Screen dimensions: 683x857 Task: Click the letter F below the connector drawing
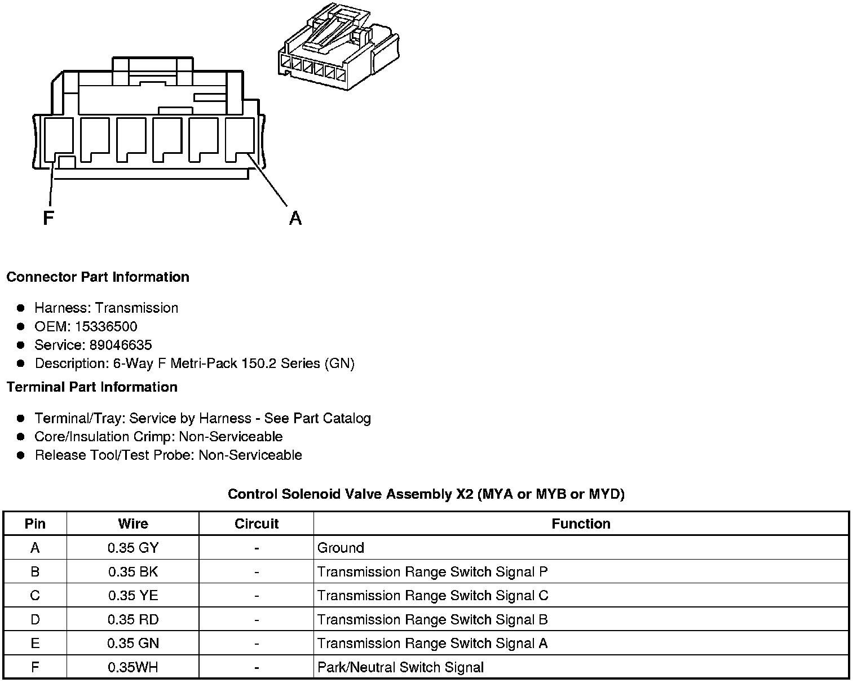click(48, 218)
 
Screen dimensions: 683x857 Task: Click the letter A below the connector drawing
click(295, 218)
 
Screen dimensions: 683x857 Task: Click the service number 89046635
click(121, 345)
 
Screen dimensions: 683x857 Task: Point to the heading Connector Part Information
click(98, 277)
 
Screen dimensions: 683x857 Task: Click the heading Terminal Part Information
click(92, 387)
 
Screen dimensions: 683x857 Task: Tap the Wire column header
click(133, 524)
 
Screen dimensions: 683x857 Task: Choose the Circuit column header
click(257, 524)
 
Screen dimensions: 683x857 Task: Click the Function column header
click(581, 524)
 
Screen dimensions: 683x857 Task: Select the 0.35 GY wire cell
click(133, 548)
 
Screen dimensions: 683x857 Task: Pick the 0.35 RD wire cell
click(133, 620)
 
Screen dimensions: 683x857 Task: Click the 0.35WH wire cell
click(133, 668)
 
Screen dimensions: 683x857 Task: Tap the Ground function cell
click(341, 548)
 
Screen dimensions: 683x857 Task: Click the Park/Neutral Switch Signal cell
click(400, 668)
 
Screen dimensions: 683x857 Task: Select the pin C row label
click(35, 596)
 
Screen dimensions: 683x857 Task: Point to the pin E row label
click(35, 644)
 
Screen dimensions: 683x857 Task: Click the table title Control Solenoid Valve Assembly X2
click(426, 494)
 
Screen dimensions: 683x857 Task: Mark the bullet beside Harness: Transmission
click(21, 308)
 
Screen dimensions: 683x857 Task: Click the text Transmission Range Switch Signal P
click(432, 572)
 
